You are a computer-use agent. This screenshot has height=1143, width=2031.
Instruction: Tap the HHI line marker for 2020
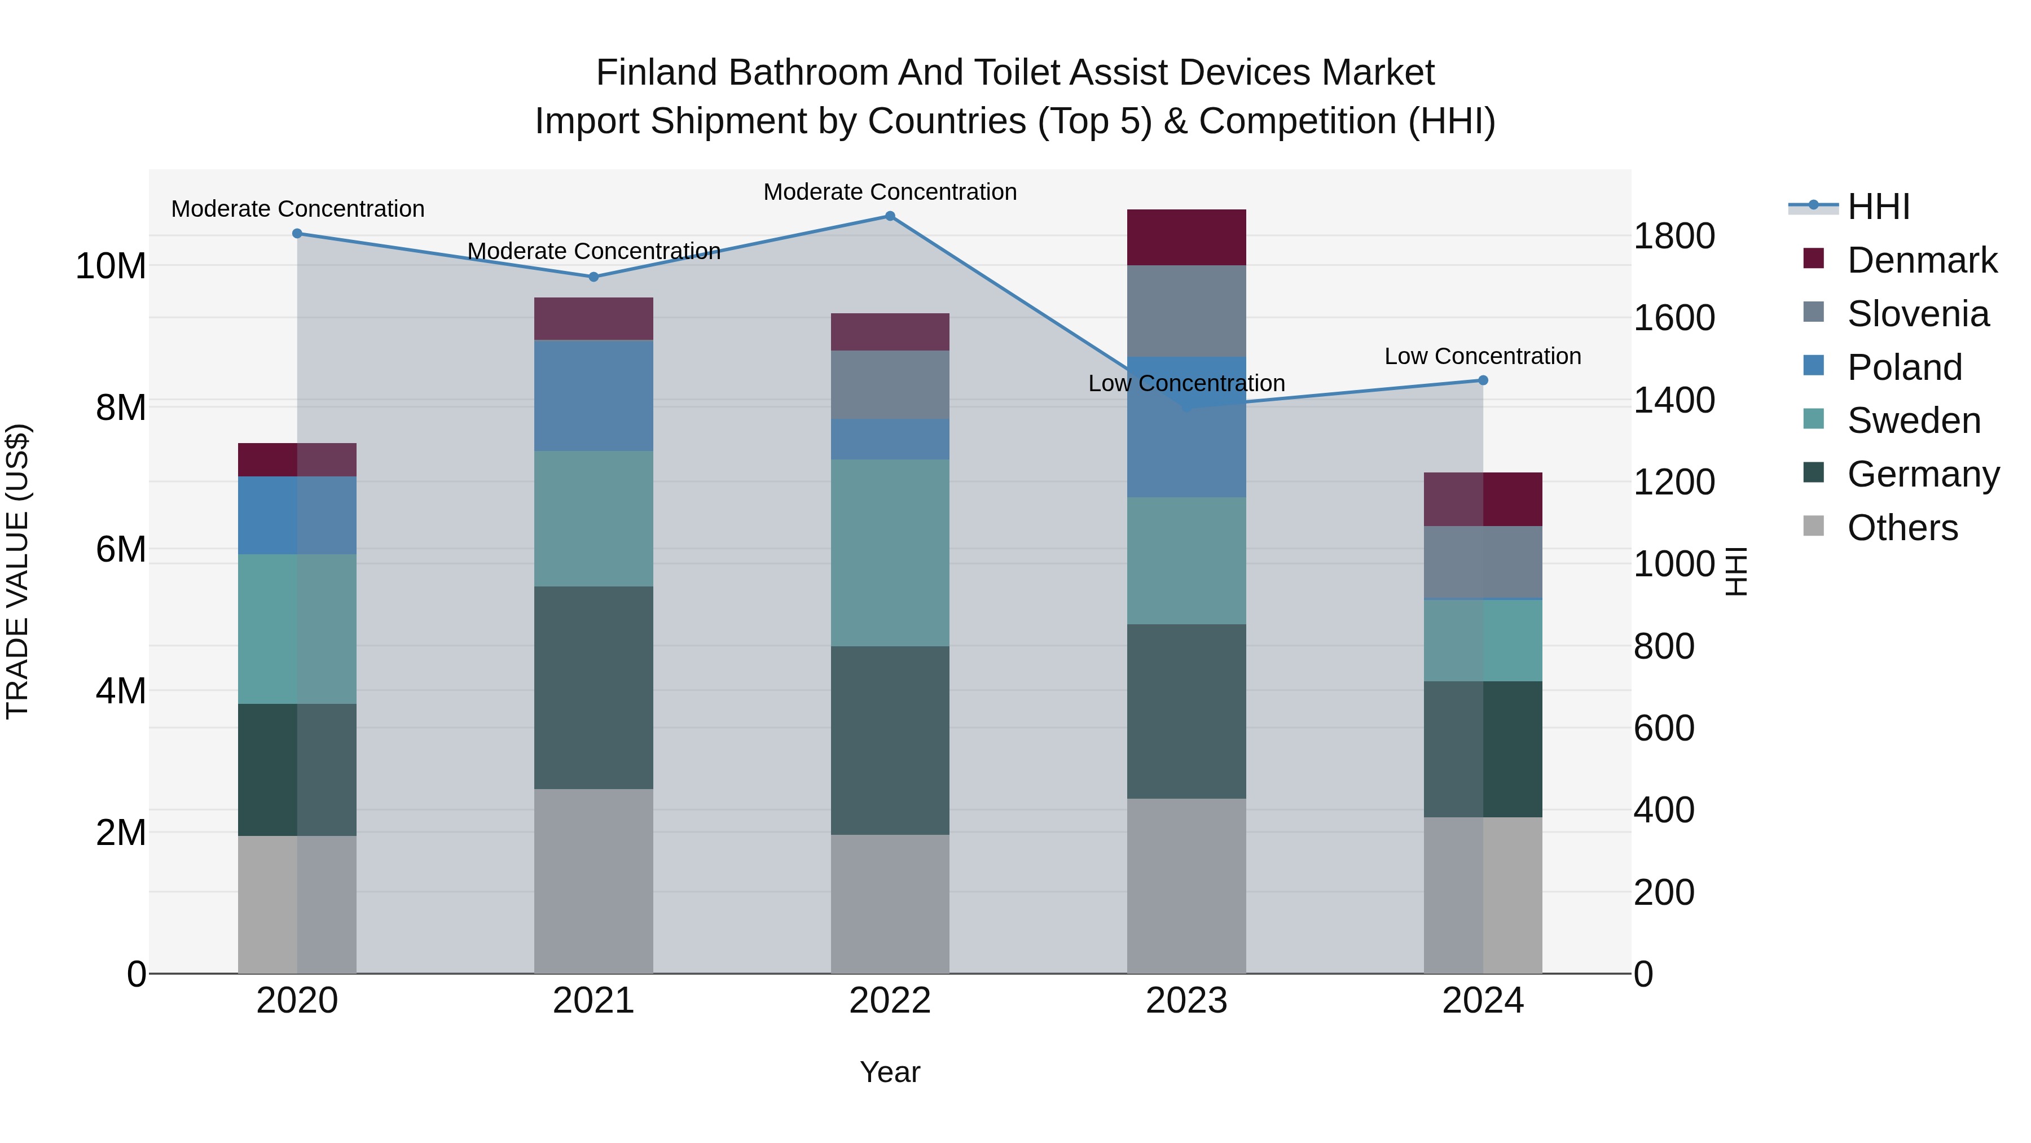pos(297,234)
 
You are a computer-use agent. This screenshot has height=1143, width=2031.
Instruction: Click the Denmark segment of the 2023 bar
pos(1186,238)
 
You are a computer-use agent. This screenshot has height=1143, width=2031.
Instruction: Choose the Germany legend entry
pos(1922,474)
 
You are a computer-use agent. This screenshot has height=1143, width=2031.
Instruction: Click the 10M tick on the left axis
pos(111,266)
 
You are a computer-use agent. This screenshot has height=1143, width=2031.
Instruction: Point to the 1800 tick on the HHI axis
pos(1673,236)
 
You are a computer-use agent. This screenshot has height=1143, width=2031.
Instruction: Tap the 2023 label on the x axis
pos(1186,1001)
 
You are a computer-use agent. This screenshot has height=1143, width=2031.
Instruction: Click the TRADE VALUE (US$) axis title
pos(17,571)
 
